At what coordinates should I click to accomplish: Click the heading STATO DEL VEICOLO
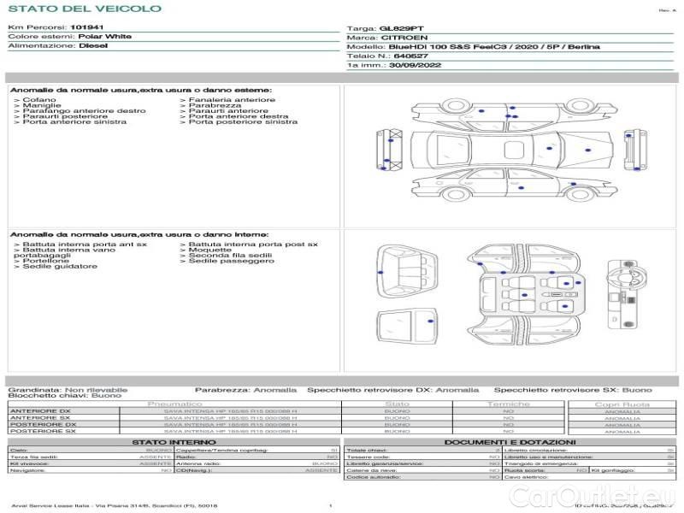84,9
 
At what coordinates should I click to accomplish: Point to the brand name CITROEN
398,38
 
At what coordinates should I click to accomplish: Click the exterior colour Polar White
104,37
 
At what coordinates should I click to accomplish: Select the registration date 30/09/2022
415,64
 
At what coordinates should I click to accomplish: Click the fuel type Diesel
92,46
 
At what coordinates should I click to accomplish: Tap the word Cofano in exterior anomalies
40,100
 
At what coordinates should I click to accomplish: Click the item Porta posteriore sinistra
243,121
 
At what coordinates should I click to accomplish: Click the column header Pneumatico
174,404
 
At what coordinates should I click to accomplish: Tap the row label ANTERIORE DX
41,411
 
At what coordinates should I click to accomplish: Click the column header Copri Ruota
622,404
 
